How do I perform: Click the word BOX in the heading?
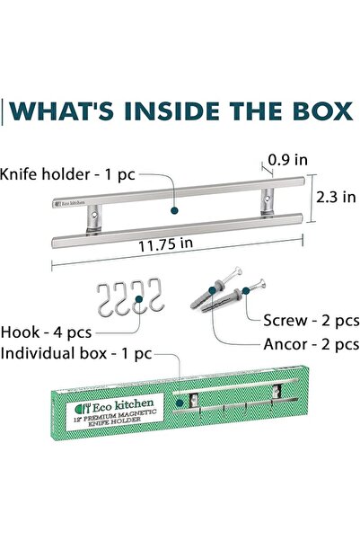(x=323, y=111)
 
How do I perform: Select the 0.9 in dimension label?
(x=287, y=160)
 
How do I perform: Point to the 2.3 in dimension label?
(x=336, y=197)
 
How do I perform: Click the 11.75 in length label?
(x=165, y=244)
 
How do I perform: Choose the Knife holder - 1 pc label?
(x=67, y=174)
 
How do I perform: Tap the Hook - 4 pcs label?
(x=46, y=332)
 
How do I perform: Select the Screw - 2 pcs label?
(x=312, y=321)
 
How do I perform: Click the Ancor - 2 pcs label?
(x=312, y=344)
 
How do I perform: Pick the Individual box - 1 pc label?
(x=76, y=354)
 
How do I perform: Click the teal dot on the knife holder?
(x=174, y=210)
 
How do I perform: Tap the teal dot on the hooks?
(x=138, y=299)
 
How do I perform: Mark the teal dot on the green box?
(x=179, y=403)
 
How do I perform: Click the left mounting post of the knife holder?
(x=93, y=219)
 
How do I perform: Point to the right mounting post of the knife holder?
(x=267, y=202)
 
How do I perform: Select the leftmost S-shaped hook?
(x=105, y=300)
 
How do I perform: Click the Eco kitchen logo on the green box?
(x=115, y=406)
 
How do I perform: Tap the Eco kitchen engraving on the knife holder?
(x=70, y=203)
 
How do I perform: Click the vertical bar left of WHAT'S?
(x=2, y=112)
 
